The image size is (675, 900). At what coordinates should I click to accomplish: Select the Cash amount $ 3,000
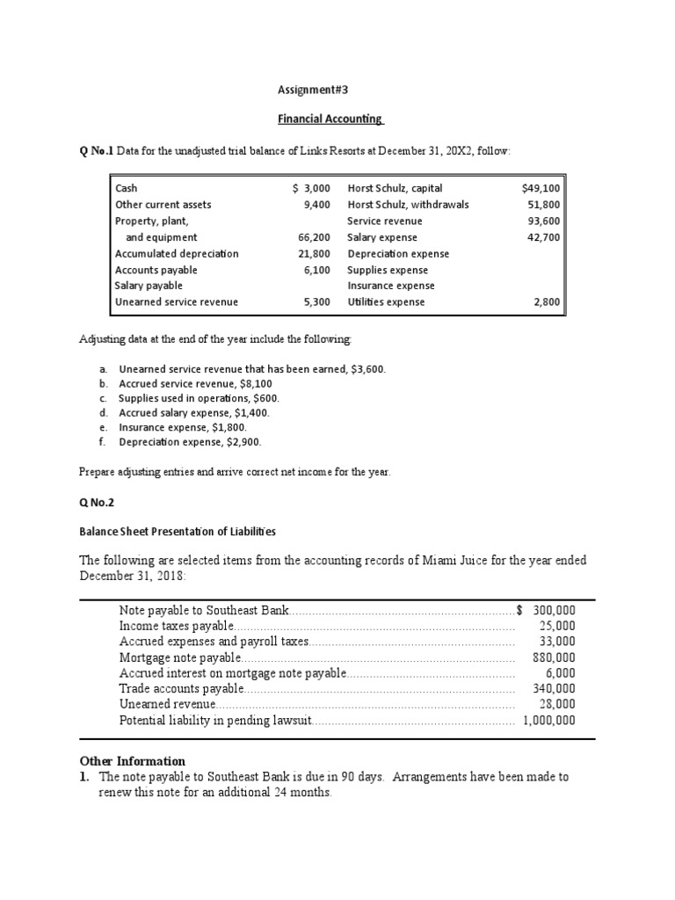tap(311, 188)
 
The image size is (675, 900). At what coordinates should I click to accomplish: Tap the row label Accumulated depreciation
tap(176, 254)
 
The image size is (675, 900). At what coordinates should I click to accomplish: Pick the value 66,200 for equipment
tap(314, 237)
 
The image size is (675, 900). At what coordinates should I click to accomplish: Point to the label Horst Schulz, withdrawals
tap(408, 205)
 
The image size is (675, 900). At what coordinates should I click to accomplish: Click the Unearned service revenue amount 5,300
tap(316, 302)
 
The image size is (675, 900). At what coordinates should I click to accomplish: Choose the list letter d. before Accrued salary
tap(103, 413)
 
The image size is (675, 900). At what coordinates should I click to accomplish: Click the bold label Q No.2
tap(97, 503)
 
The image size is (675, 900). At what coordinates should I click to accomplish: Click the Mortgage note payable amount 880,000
tap(554, 657)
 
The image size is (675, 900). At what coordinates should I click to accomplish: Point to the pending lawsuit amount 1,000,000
tap(548, 721)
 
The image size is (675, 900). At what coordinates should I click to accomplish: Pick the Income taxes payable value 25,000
tap(557, 626)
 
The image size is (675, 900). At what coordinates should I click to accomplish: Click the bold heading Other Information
tap(132, 761)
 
